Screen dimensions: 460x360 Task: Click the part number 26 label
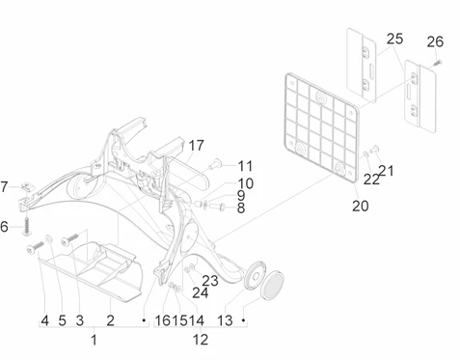tap(435, 42)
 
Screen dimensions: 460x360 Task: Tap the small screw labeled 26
tap(437, 63)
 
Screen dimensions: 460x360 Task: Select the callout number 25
tap(394, 39)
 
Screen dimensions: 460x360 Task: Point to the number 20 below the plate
tap(361, 206)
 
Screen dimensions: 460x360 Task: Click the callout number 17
tap(196, 146)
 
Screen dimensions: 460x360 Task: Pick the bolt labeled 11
tap(214, 165)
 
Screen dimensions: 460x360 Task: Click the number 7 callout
tap(4, 187)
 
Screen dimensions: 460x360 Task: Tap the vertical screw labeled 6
tap(27, 226)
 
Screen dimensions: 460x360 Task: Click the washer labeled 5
tap(49, 238)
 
